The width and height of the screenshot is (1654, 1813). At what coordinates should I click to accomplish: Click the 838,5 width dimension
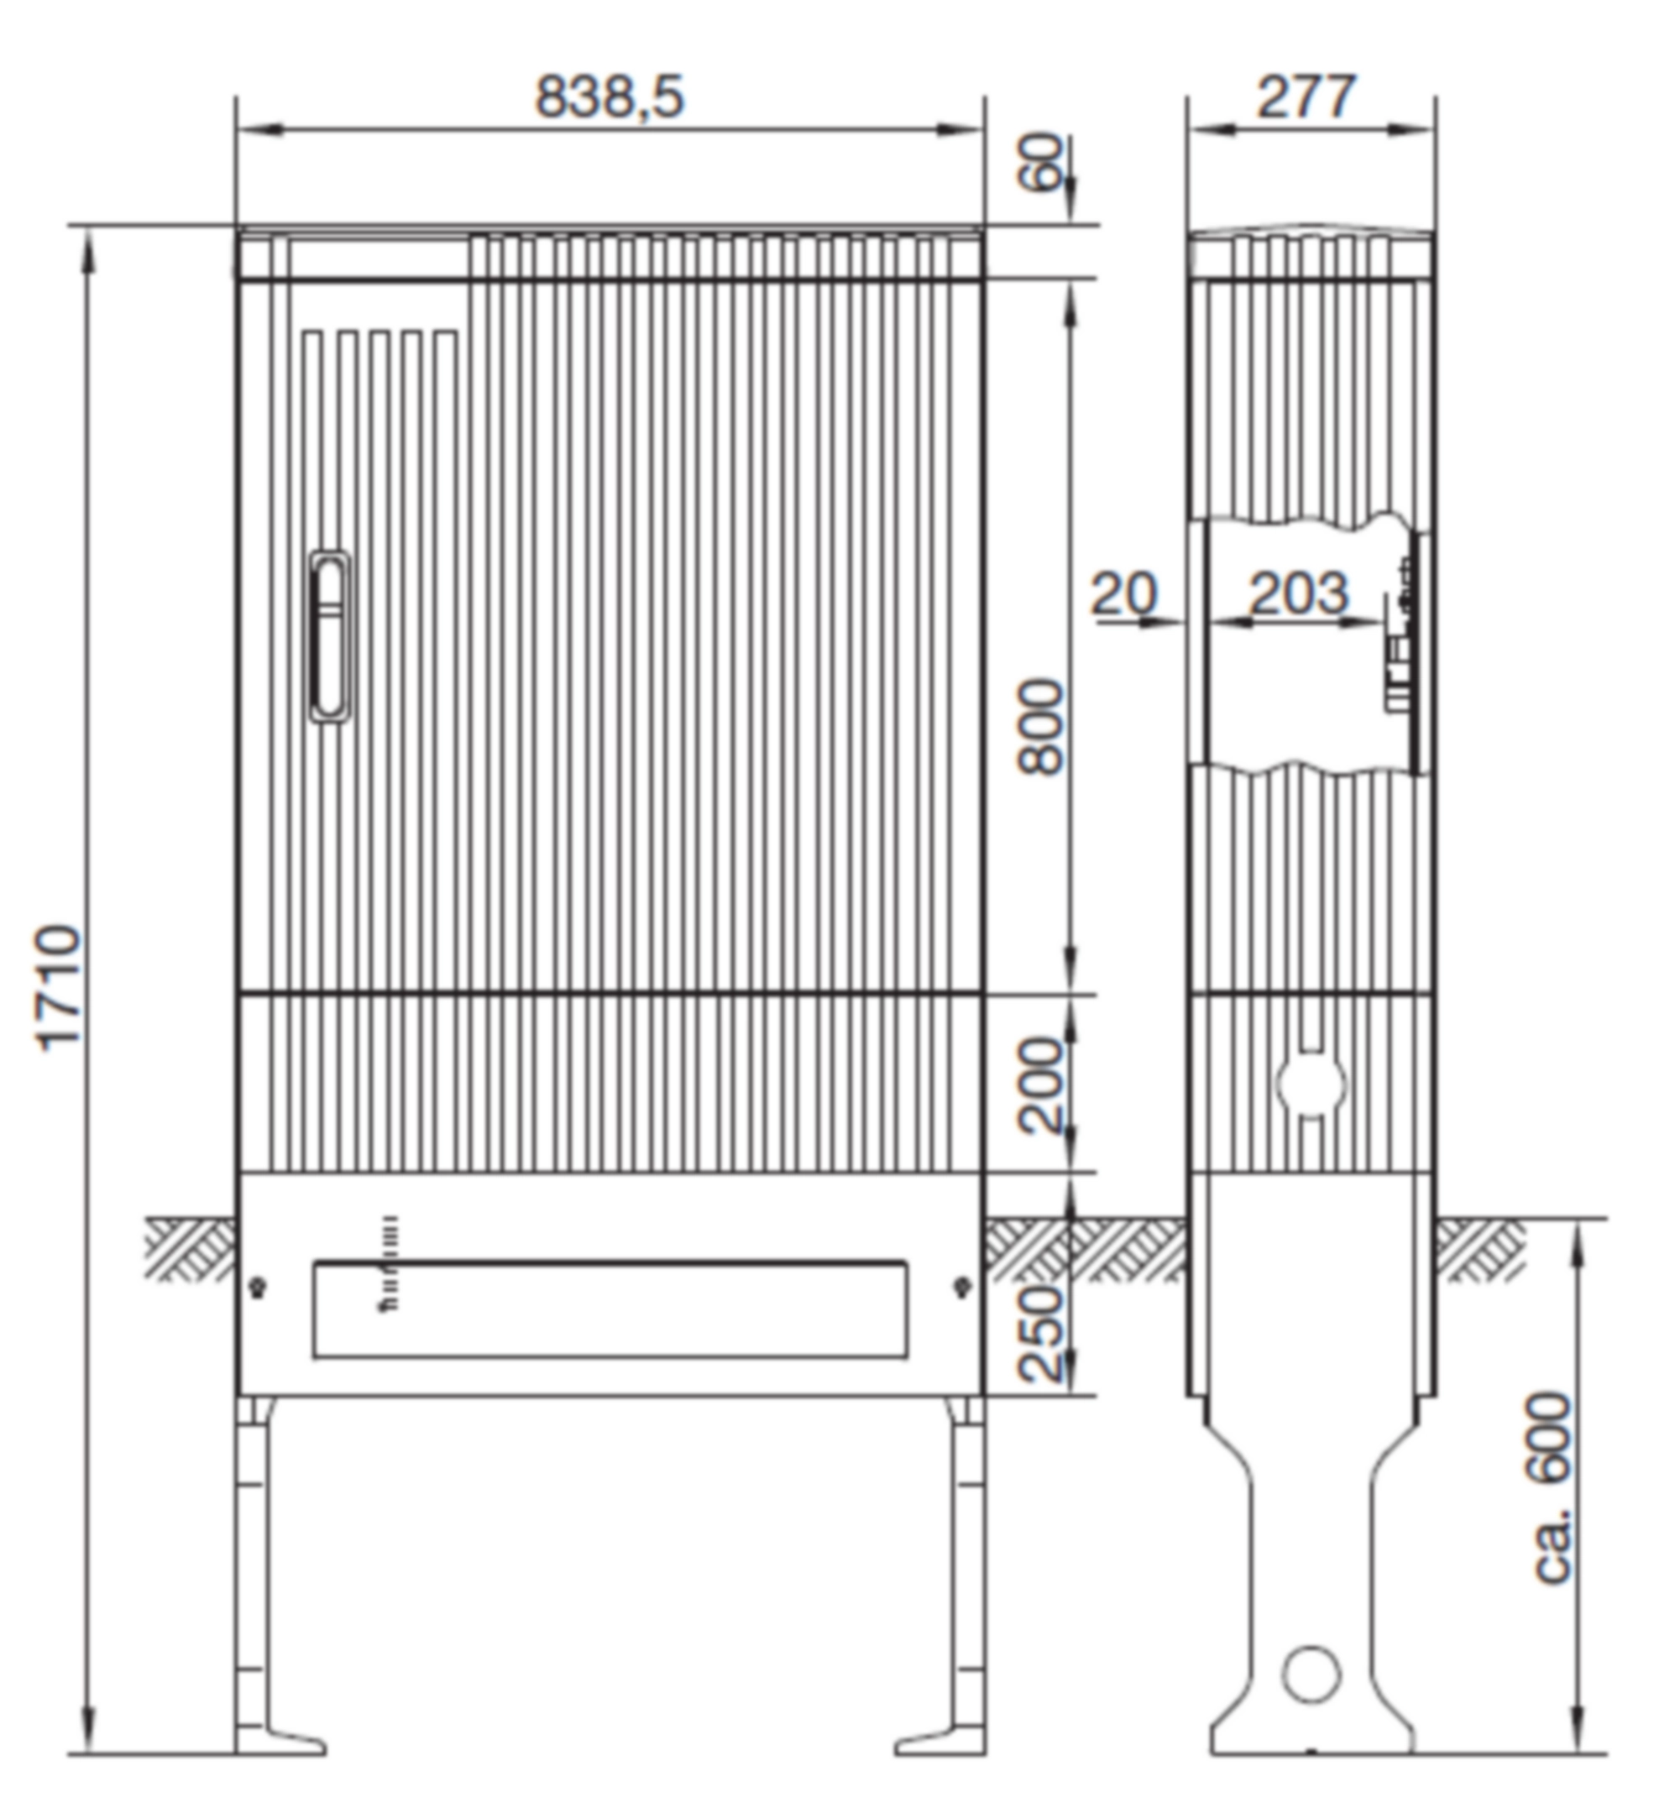pyautogui.click(x=610, y=97)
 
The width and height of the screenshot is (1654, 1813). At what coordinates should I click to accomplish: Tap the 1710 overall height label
pyautogui.click(x=60, y=986)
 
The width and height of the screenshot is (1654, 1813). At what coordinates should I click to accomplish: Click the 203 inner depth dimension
pyautogui.click(x=1299, y=593)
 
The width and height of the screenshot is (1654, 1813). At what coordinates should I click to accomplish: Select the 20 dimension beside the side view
pyautogui.click(x=1124, y=593)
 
